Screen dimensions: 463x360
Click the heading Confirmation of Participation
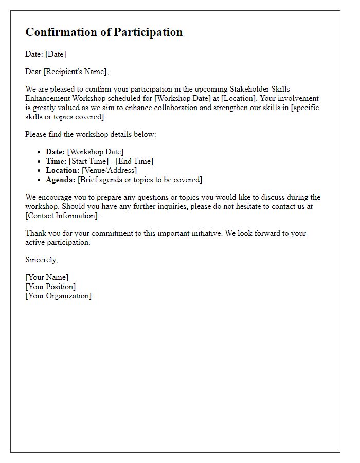pyautogui.click(x=104, y=32)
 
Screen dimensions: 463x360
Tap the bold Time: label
pyautogui.click(x=56, y=161)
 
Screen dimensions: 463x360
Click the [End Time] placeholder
pyautogui.click(x=134, y=161)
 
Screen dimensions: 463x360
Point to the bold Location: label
pyautogui.click(x=63, y=170)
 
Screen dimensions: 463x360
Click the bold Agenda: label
pyautogui.click(x=61, y=180)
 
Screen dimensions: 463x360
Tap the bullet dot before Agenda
pyautogui.click(x=40, y=180)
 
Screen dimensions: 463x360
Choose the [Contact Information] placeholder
pyautogui.click(x=62, y=216)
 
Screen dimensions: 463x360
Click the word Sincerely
pyautogui.click(x=41, y=260)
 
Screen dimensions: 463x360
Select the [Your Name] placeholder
pyautogui.click(x=47, y=277)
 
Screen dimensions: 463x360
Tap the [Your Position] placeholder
pyautogui.click(x=50, y=287)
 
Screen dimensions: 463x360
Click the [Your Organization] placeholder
pyautogui.click(x=58, y=296)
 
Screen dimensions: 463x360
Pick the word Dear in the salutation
pyautogui.click(x=33, y=72)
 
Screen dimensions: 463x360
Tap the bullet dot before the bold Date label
pyautogui.click(x=40, y=152)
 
